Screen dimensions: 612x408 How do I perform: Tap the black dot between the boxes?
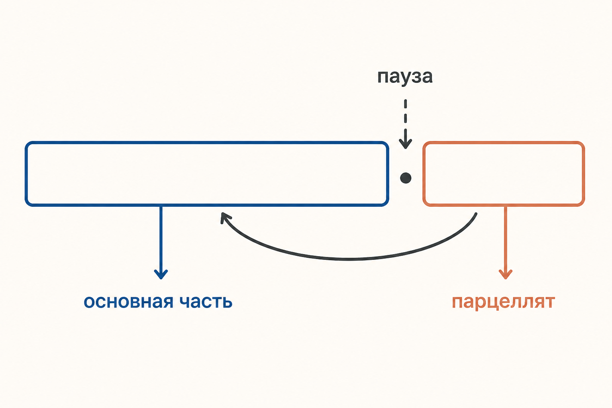click(x=406, y=178)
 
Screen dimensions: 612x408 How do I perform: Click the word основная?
click(x=128, y=302)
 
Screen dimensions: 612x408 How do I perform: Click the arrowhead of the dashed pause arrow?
click(x=406, y=144)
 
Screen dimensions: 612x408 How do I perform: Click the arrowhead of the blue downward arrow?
click(x=161, y=274)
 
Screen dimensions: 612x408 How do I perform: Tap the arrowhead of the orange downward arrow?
click(x=506, y=274)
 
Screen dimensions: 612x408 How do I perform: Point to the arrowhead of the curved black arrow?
click(x=225, y=217)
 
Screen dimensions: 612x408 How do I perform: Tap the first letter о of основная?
click(x=89, y=302)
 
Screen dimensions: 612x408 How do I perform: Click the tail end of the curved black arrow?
click(x=476, y=214)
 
